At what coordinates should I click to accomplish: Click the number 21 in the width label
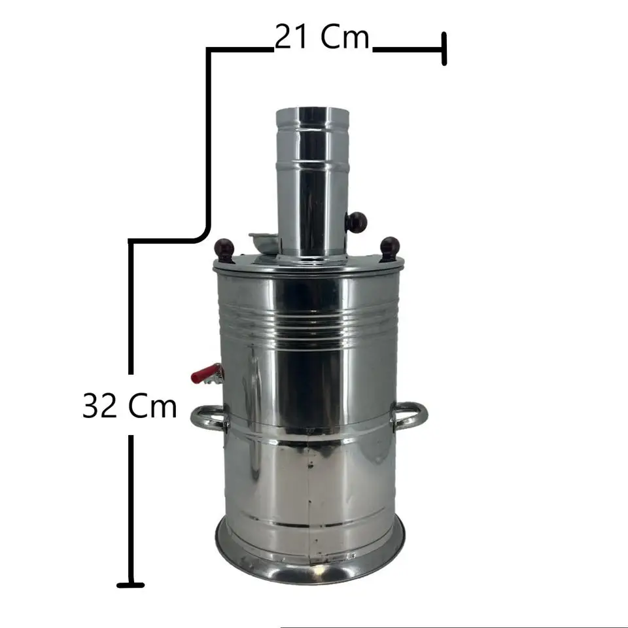[291, 37]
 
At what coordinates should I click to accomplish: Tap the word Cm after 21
[345, 37]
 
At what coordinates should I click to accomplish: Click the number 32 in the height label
[99, 406]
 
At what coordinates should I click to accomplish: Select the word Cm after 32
[152, 406]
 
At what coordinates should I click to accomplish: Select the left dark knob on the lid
[224, 249]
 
